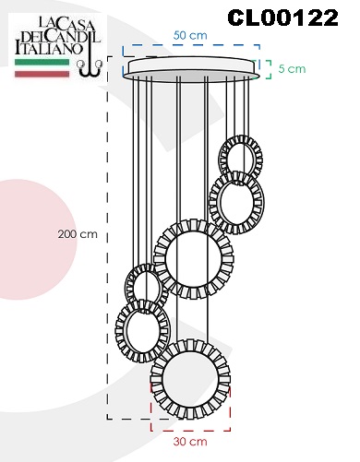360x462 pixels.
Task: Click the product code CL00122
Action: (282, 18)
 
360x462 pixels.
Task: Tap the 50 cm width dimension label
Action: (190, 35)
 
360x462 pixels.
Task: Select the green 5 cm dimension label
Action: (292, 68)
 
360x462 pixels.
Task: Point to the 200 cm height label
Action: (78, 234)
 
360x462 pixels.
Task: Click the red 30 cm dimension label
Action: (190, 442)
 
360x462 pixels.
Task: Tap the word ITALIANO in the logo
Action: (49, 49)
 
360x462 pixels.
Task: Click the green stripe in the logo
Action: (42, 62)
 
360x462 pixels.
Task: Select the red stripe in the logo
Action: (42, 74)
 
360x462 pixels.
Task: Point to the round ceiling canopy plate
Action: (192, 68)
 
